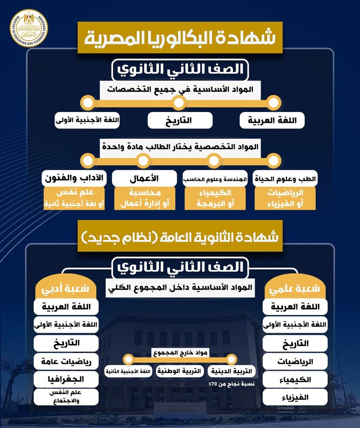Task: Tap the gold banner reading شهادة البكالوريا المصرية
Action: tap(180, 38)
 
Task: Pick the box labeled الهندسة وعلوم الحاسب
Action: tap(214, 179)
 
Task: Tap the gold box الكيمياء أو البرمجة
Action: tap(214, 199)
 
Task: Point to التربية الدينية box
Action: tap(232, 371)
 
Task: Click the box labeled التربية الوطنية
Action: tap(179, 371)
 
